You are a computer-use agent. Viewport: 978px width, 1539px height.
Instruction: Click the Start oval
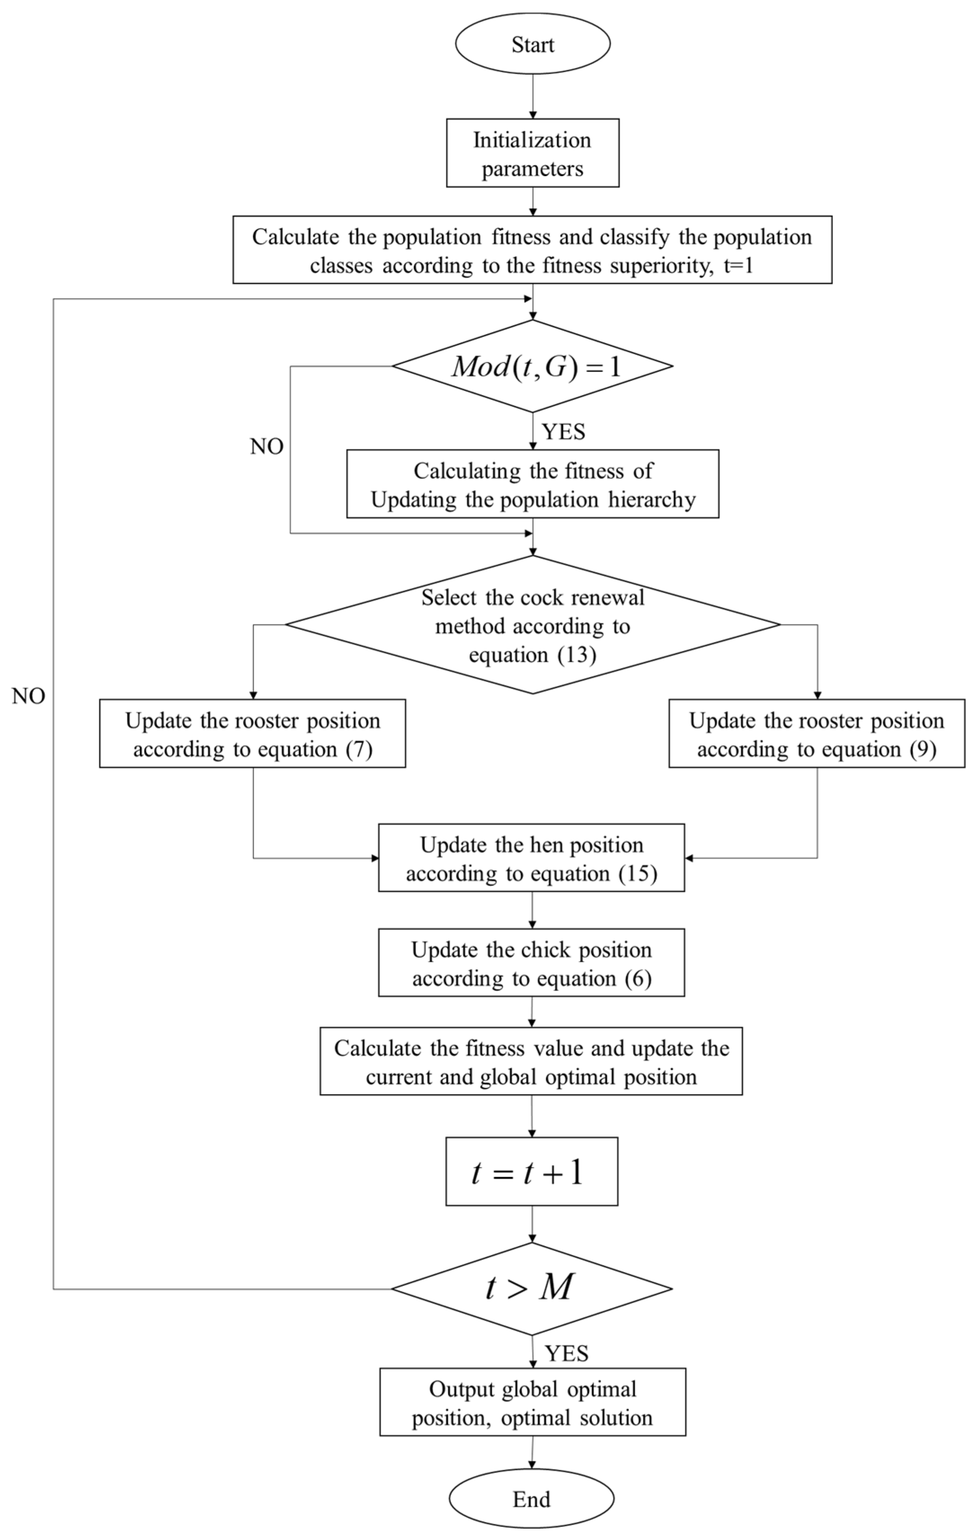click(x=532, y=44)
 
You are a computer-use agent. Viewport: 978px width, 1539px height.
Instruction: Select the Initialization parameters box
click(x=532, y=153)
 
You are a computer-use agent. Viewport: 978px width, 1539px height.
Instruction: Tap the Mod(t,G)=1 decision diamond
click(x=532, y=366)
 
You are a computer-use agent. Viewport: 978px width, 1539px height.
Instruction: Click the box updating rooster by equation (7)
click(x=252, y=734)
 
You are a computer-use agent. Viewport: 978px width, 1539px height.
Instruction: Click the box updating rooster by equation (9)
click(x=816, y=734)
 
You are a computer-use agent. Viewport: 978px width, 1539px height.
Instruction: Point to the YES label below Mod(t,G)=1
click(x=563, y=432)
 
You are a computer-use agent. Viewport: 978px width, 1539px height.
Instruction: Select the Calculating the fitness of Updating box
click(x=532, y=484)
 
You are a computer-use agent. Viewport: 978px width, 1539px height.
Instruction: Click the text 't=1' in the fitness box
click(x=738, y=265)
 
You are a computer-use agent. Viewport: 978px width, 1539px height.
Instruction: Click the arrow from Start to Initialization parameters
click(x=532, y=96)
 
